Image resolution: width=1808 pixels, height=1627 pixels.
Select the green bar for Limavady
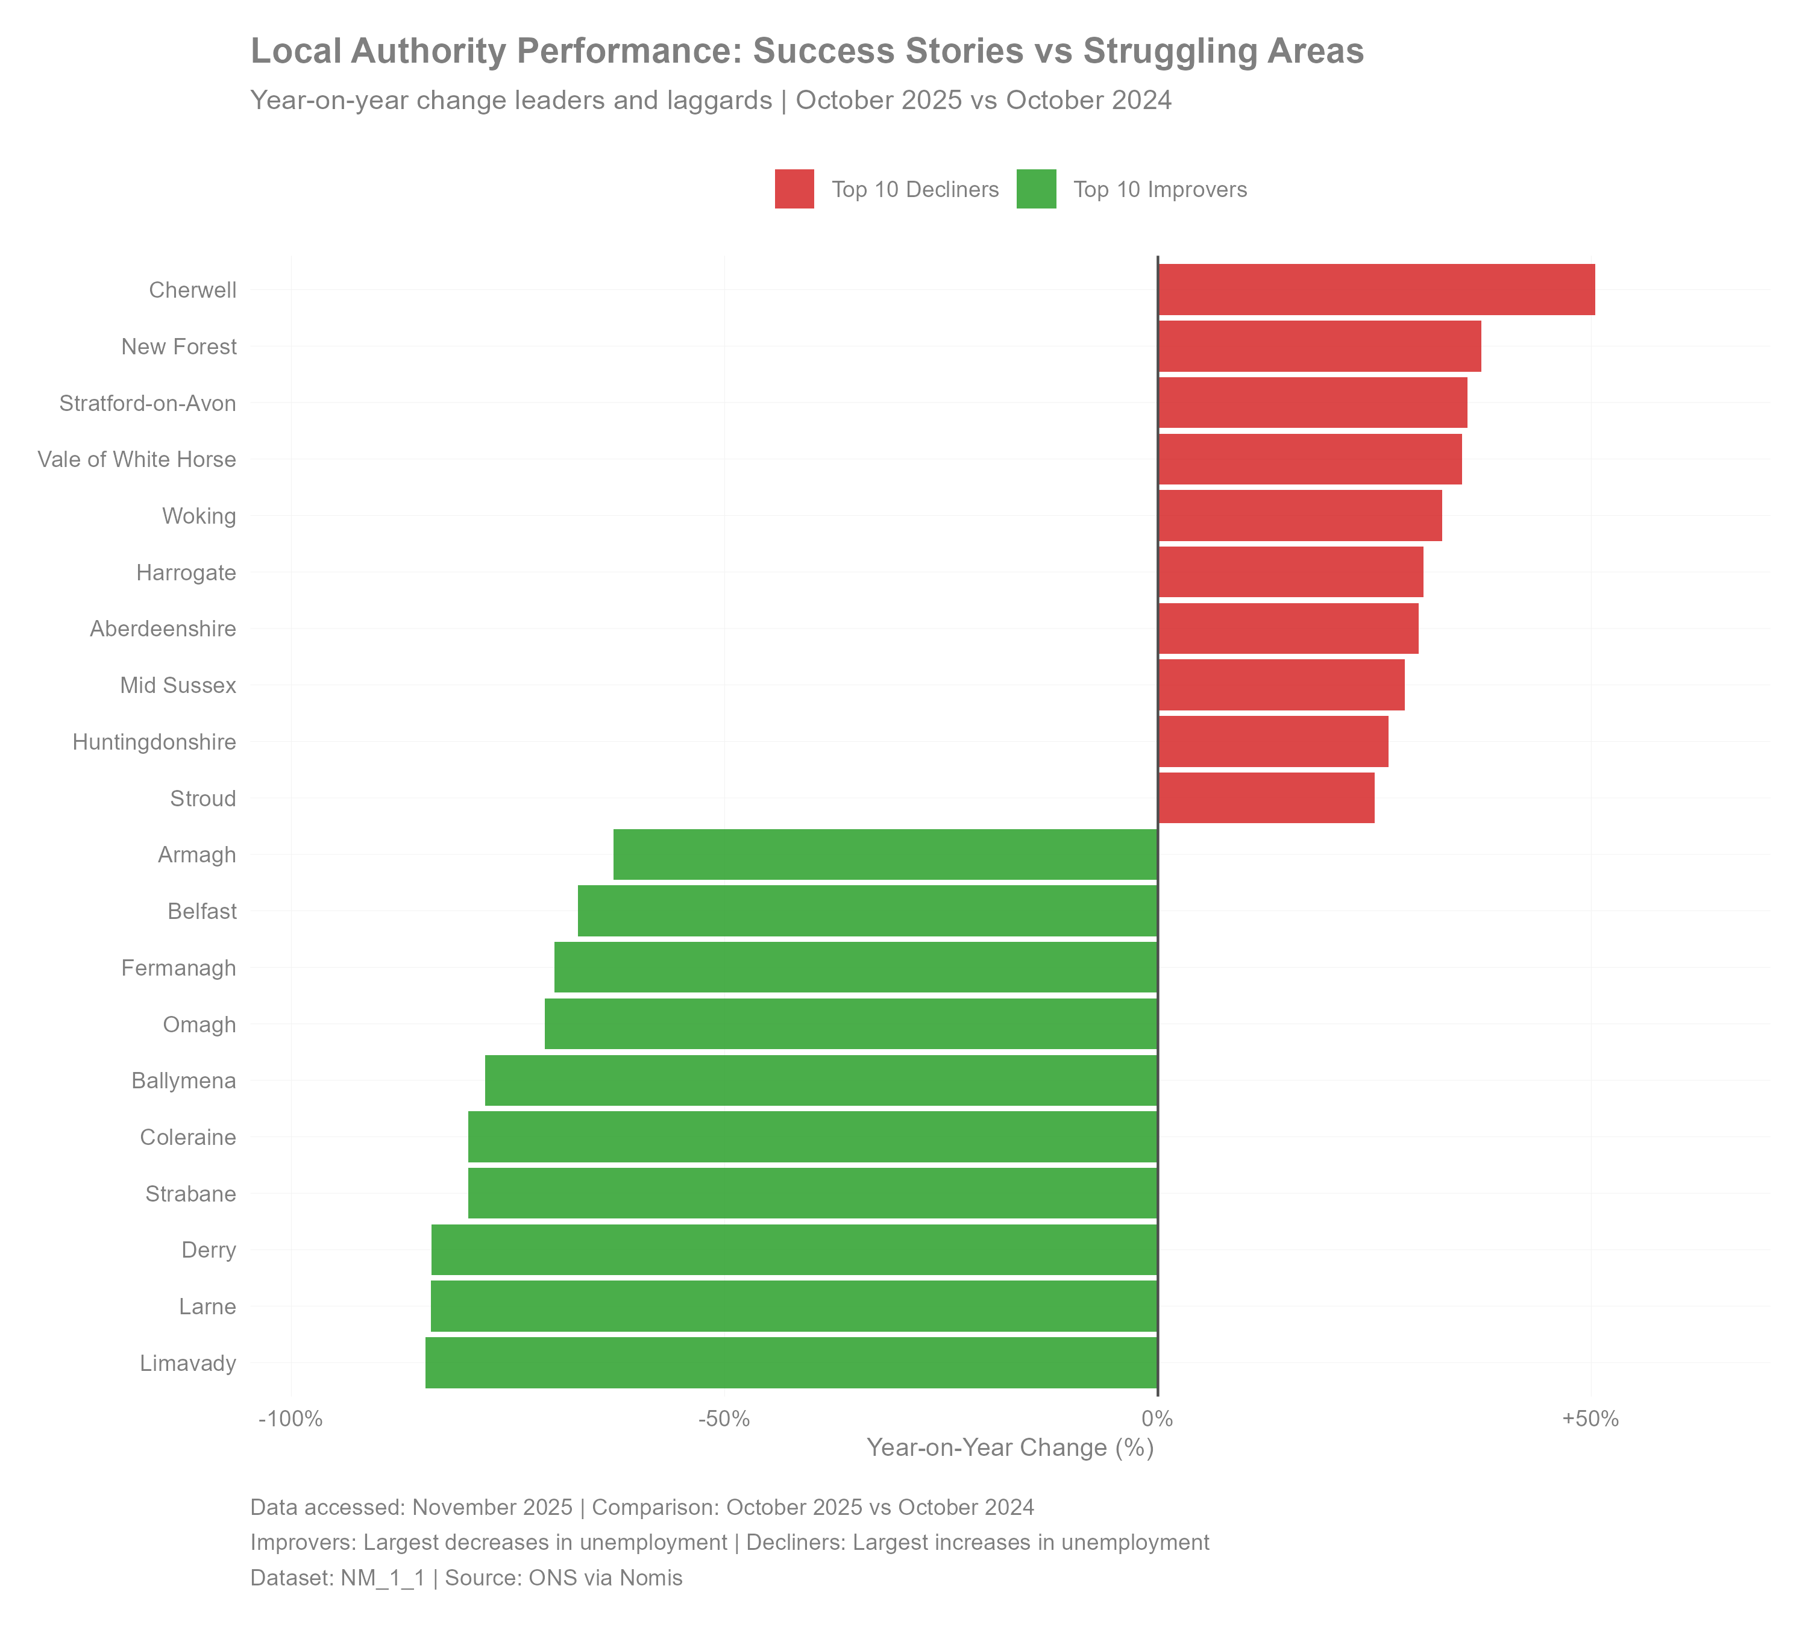791,1362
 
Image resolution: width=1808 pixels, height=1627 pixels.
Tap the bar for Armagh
885,854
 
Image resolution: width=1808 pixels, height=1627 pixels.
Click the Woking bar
1300,516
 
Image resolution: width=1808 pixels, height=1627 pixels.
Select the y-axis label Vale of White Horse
137,460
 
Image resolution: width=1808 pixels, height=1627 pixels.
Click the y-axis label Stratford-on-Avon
148,403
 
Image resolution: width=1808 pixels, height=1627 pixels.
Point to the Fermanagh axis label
179,968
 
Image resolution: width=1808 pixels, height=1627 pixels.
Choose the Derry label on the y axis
209,1250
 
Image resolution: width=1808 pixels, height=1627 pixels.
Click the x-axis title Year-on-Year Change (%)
1011,1448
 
